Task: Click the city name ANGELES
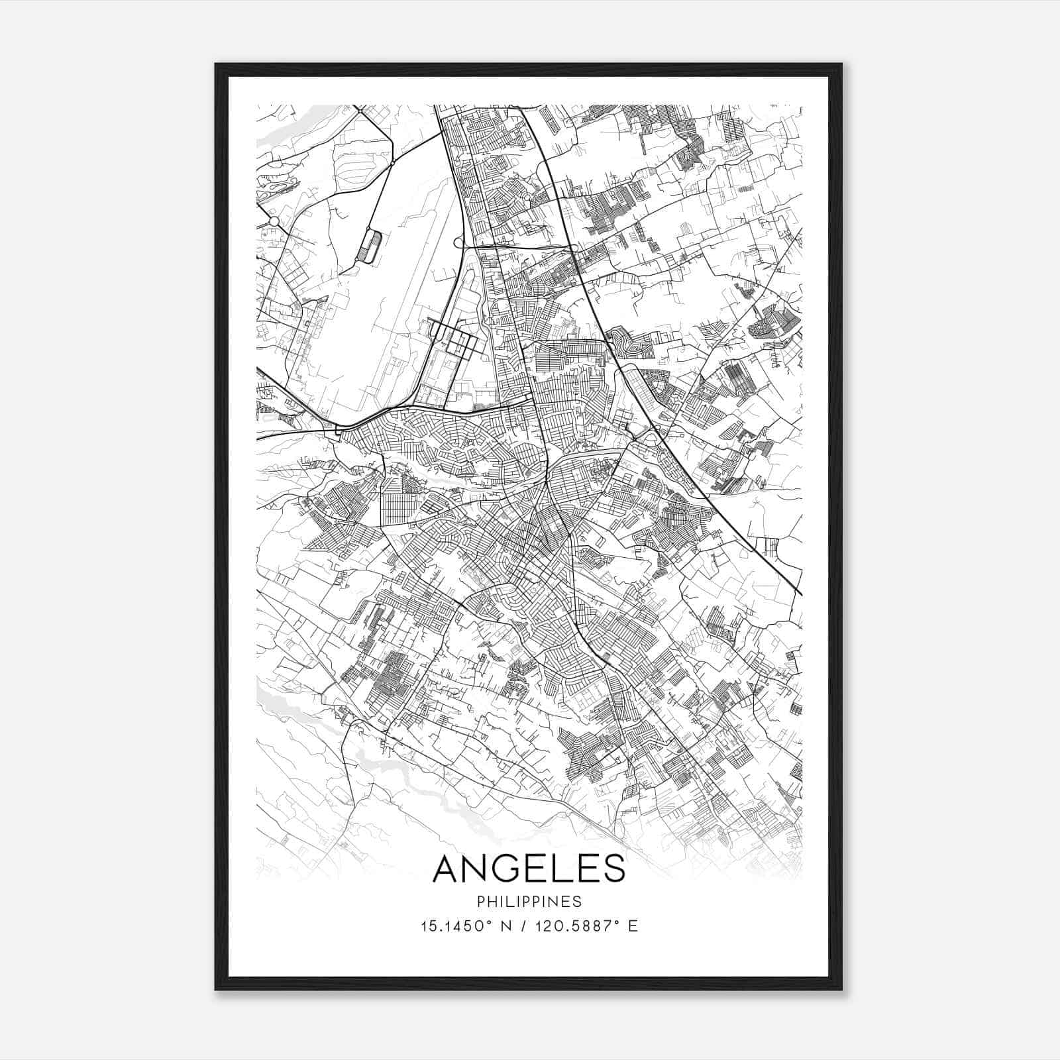click(529, 868)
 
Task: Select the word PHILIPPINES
click(529, 902)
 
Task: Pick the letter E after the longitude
click(633, 926)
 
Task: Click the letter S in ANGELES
click(613, 868)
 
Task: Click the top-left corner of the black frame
click(216, 64)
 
